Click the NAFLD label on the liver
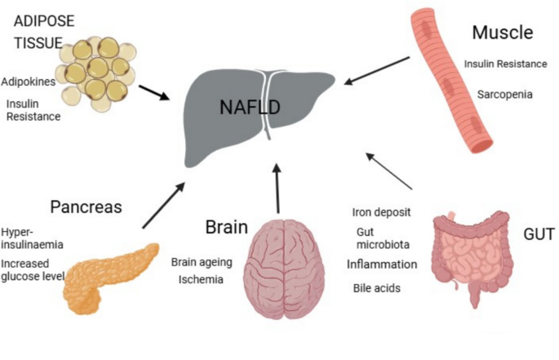click(251, 107)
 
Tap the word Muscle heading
click(502, 33)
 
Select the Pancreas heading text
click(86, 207)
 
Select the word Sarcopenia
click(504, 95)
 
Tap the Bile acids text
click(375, 288)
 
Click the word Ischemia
click(202, 279)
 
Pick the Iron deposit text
click(381, 212)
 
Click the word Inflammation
click(382, 264)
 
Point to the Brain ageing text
click(202, 262)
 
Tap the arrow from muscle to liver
click(377, 69)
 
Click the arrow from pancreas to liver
click(163, 207)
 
